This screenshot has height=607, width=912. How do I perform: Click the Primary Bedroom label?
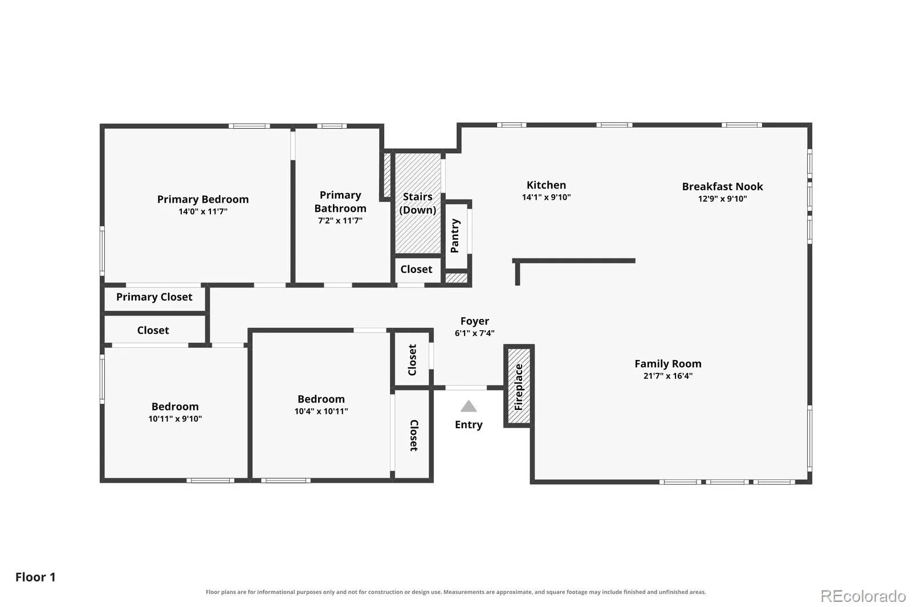203,199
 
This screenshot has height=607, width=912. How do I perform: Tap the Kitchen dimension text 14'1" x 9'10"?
546,198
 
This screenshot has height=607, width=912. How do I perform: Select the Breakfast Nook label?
722,186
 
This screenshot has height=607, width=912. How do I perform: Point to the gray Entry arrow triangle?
469,406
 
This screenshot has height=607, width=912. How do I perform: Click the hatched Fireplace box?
519,386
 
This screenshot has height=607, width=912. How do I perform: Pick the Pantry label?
455,236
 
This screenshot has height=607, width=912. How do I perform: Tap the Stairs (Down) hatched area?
418,203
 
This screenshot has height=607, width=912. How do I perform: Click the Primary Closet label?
154,297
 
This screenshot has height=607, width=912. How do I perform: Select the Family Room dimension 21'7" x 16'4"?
667,376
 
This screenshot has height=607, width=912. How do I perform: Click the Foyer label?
475,321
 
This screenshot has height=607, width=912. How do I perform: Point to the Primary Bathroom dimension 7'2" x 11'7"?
340,220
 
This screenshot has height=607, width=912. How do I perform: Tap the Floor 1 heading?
35,577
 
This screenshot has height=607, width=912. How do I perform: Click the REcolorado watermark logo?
863,596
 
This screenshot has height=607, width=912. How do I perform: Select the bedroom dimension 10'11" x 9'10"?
175,419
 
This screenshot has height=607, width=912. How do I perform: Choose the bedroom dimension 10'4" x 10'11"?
321,411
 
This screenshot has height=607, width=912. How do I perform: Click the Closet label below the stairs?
416,269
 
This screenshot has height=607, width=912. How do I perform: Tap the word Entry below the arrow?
469,425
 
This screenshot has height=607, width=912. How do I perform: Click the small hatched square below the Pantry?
457,278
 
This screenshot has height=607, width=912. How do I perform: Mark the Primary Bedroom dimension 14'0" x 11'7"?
203,212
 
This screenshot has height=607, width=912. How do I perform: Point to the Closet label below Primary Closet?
153,330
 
